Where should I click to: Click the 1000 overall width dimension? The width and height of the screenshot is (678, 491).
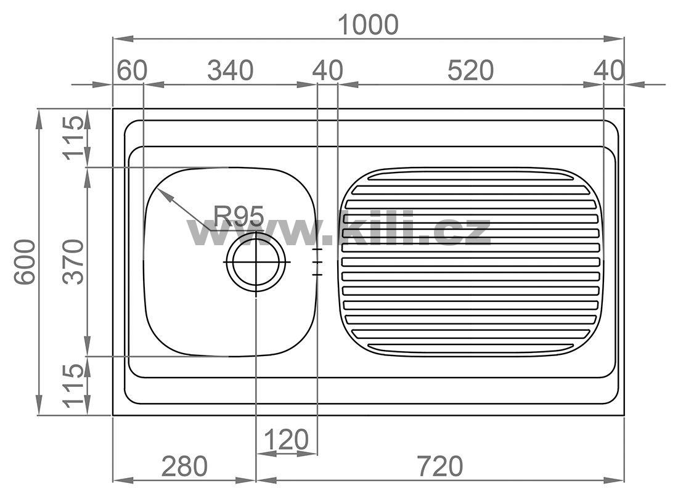[x=368, y=25]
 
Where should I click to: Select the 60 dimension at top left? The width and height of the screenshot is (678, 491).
[x=133, y=70]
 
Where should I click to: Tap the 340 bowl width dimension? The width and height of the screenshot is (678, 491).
[x=230, y=70]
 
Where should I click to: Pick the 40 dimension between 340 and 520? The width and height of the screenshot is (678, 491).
[x=328, y=70]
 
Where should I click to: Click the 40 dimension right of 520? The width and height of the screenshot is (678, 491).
[x=609, y=70]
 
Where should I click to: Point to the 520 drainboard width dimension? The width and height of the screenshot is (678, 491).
[x=470, y=70]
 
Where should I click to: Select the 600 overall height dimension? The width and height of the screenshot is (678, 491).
[x=24, y=262]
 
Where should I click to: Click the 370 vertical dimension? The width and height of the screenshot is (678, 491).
[x=73, y=262]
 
